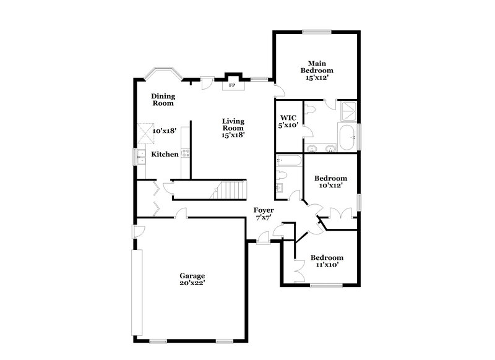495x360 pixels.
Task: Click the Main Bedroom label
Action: click(317, 66)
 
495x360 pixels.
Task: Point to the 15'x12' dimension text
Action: click(316, 78)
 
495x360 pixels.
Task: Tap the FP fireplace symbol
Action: click(232, 86)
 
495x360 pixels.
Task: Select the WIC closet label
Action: click(288, 117)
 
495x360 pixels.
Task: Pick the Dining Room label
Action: click(163, 99)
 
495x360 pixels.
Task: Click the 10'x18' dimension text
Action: click(165, 131)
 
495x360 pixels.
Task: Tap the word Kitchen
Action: click(165, 154)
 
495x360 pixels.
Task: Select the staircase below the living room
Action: click(231, 189)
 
